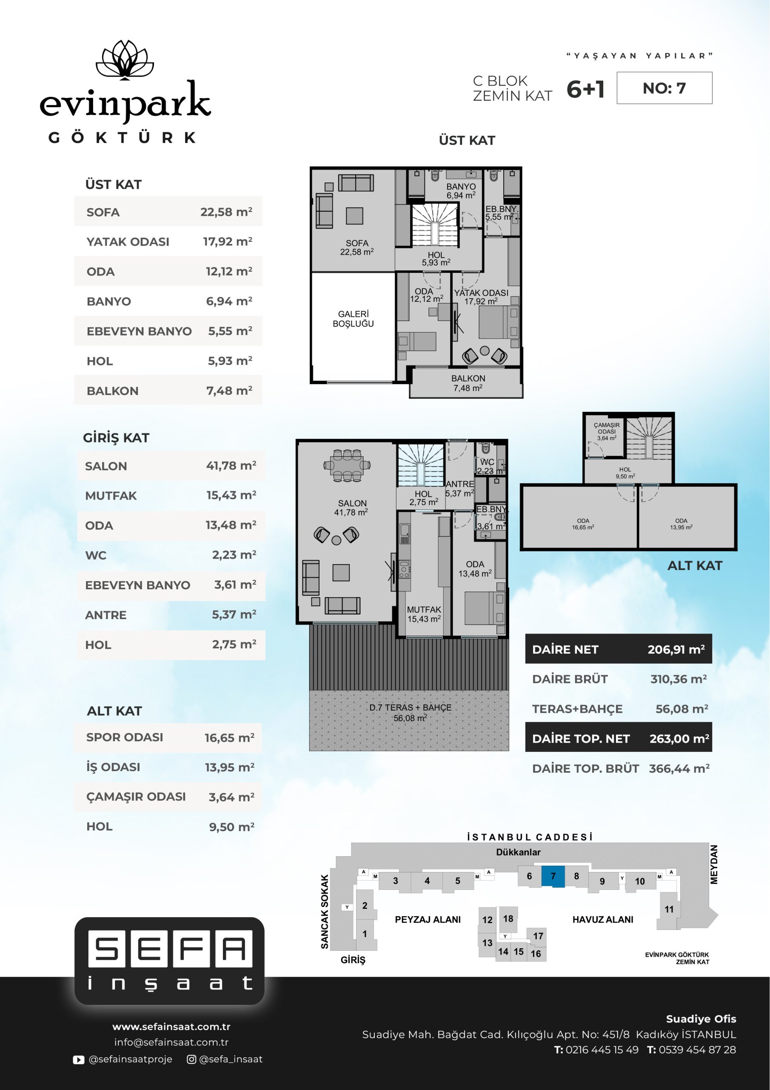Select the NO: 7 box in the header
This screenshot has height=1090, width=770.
point(664,88)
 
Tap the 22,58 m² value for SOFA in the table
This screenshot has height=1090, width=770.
point(226,212)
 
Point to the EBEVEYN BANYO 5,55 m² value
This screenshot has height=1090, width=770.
point(230,331)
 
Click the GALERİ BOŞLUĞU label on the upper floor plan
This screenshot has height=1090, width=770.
point(353,318)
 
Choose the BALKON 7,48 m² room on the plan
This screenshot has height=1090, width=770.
point(468,383)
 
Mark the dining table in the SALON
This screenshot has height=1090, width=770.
point(347,465)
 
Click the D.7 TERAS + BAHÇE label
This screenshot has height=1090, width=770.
point(410,712)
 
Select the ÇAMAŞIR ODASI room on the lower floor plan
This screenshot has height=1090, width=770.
point(604,435)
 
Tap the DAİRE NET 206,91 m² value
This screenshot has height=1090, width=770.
point(676,649)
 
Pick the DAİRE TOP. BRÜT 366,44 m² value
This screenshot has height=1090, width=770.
point(679,768)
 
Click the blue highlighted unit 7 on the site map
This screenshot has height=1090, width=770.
point(553,876)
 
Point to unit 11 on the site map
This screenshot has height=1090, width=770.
point(668,909)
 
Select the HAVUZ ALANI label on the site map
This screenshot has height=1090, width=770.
point(602,920)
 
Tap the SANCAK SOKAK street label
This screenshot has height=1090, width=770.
point(325,912)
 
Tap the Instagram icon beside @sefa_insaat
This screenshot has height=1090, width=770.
point(192,1059)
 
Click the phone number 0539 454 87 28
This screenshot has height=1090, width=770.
point(697,1050)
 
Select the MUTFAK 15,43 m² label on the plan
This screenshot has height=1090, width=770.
point(424,614)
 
